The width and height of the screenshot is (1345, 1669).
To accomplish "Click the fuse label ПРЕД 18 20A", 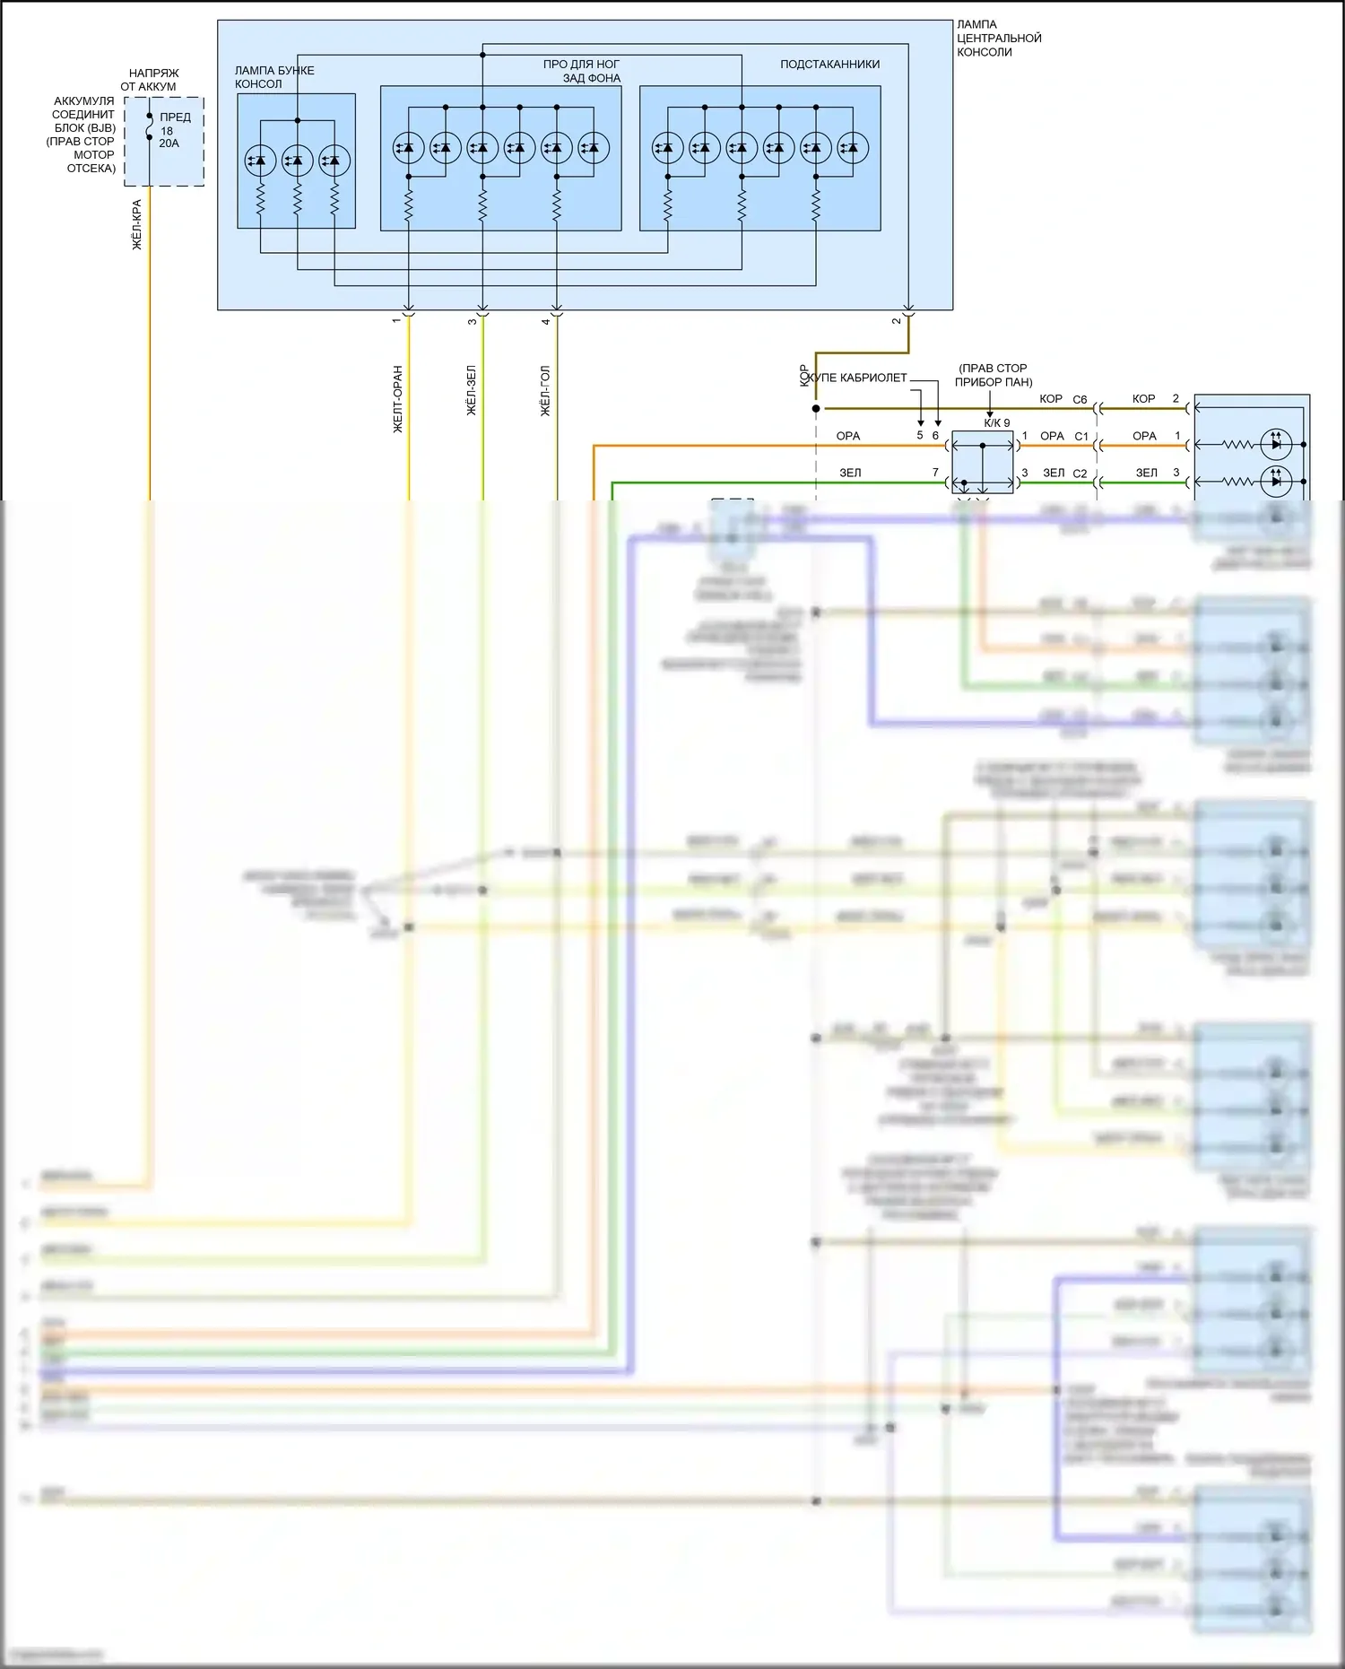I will pos(174,130).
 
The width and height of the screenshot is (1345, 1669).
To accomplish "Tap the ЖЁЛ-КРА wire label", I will pos(137,224).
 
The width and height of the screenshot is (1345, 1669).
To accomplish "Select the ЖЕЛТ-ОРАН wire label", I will pos(398,399).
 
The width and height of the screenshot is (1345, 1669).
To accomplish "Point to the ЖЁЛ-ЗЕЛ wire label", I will pos(472,390).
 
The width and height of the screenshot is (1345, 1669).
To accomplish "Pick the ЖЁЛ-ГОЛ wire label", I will pos(545,390).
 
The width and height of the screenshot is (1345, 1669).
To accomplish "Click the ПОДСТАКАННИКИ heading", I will pos(829,65).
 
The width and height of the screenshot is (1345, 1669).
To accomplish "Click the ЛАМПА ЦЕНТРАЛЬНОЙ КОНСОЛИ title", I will pos(998,39).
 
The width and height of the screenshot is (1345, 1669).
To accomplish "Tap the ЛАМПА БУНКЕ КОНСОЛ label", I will pos(273,77).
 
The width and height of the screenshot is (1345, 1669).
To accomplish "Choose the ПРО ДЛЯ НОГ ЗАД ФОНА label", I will pos(582,71).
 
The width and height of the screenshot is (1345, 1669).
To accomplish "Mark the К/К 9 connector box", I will pos(982,463).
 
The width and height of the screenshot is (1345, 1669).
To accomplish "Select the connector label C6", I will pos(1080,400).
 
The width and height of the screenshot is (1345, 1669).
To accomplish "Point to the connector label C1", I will pos(1081,437).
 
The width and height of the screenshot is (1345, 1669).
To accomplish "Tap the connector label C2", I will pos(1080,474).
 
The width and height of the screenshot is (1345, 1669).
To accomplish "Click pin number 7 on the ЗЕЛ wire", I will pos(935,473).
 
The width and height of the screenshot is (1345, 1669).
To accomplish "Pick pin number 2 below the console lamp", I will pos(896,321).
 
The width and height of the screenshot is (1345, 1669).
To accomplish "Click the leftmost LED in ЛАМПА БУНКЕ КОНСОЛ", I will pos(260,161).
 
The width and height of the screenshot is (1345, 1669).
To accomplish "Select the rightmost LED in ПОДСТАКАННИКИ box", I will pos(853,148).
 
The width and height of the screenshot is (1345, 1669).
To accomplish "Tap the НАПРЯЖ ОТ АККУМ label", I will pos(151,80).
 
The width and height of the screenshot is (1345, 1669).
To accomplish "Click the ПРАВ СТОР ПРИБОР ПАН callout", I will pos(993,375).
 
